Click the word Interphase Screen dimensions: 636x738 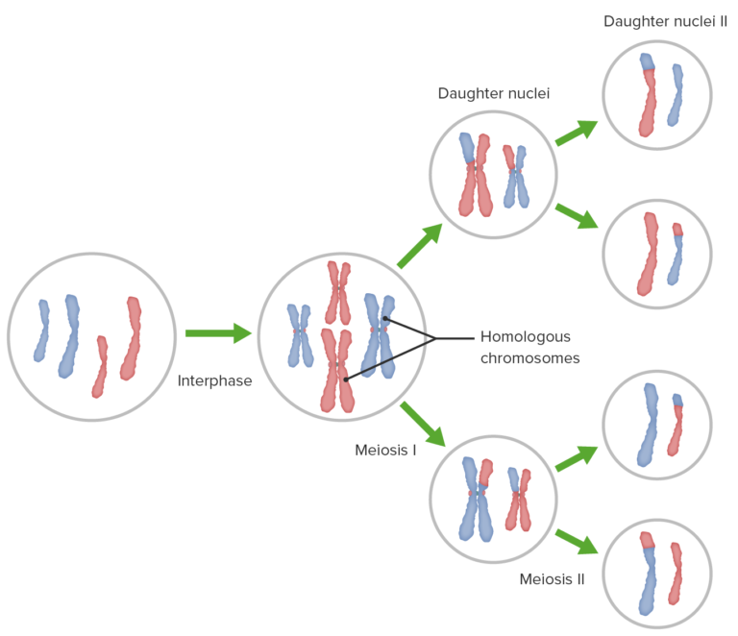click(214, 380)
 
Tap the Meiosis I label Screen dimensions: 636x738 click(384, 449)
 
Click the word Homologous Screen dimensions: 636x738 click(525, 337)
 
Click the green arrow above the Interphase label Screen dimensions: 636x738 click(216, 333)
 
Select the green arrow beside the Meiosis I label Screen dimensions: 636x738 click(423, 424)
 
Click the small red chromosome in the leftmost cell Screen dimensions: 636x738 click(100, 366)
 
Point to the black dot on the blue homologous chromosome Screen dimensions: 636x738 click(383, 318)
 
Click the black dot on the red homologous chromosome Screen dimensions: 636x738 click(345, 379)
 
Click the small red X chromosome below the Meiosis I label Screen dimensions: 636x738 click(519, 498)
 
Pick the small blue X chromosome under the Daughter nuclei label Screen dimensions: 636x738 click(517, 175)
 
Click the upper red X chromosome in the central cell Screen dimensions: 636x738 click(337, 291)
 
